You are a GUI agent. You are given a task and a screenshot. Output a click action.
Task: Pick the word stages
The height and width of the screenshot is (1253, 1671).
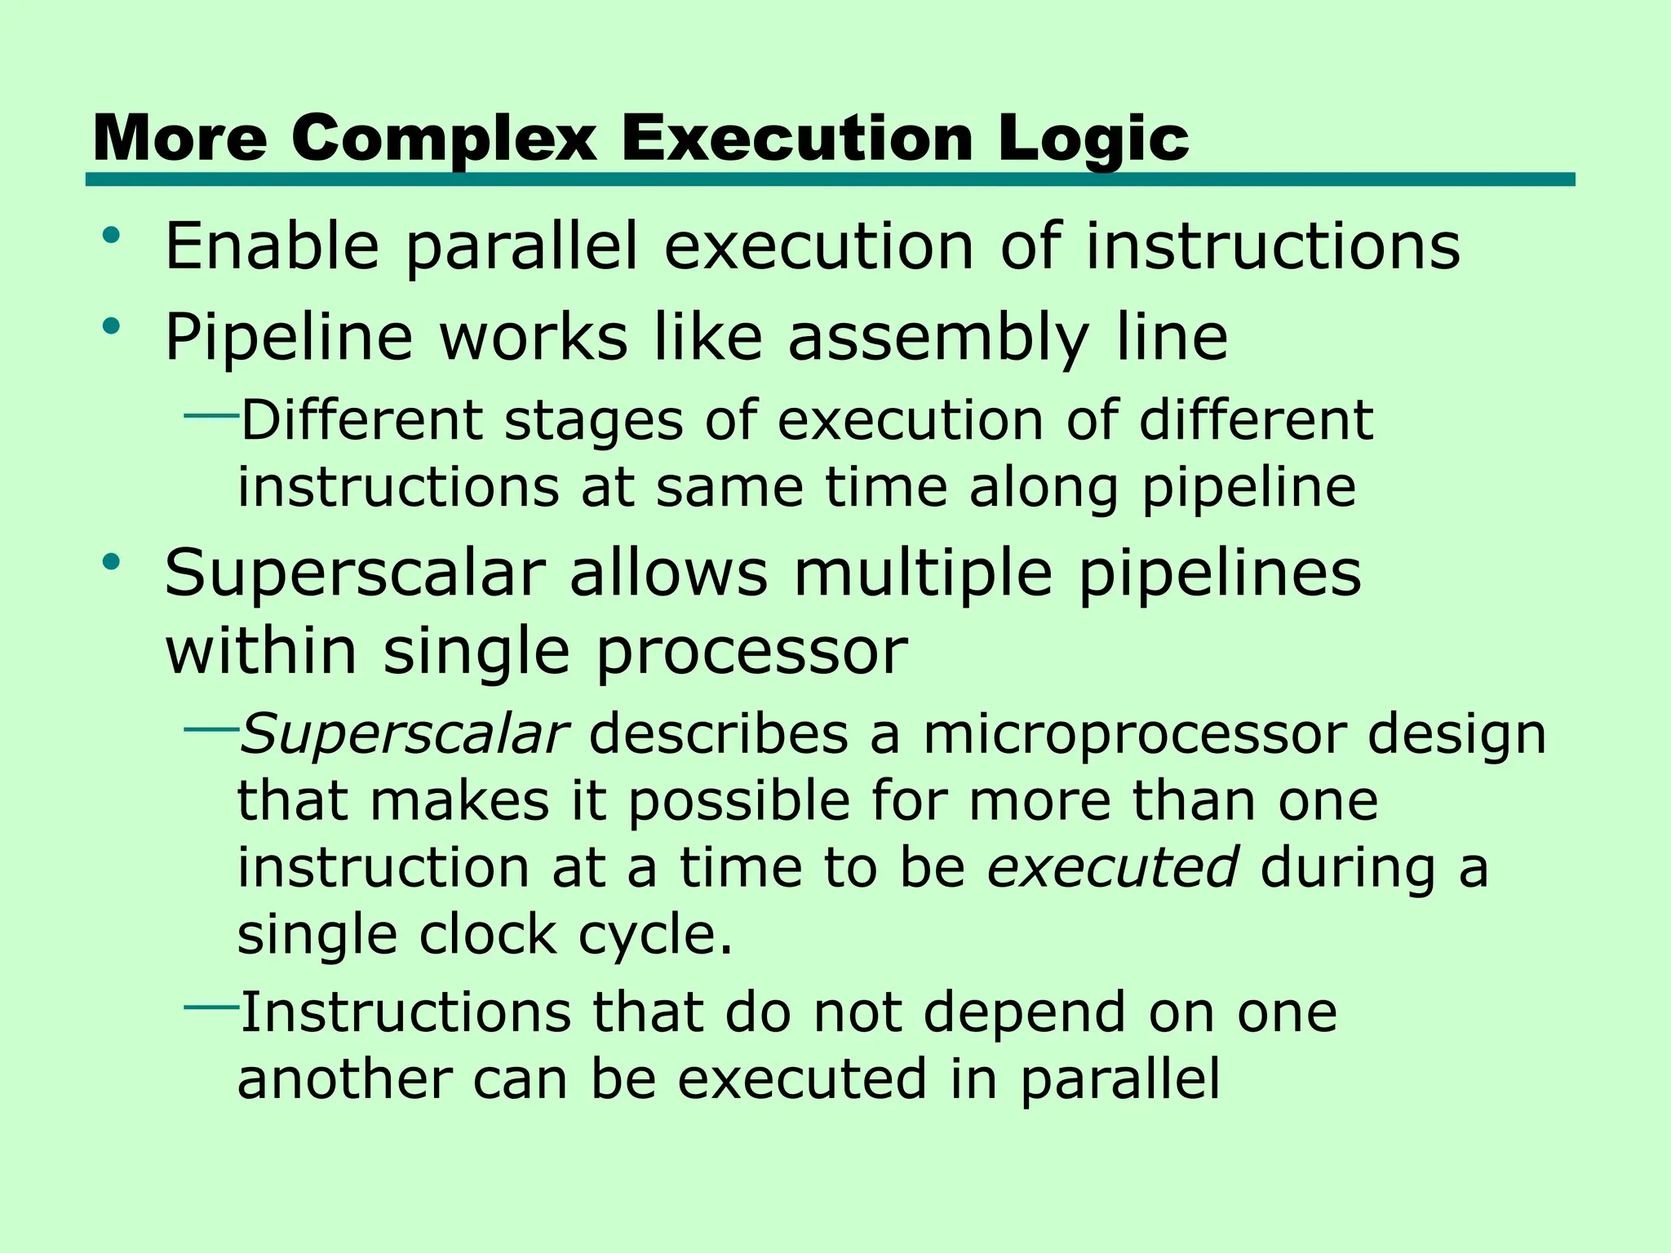pyautogui.click(x=594, y=421)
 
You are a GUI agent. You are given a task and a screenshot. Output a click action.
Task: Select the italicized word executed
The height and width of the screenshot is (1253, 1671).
pyautogui.click(x=1113, y=866)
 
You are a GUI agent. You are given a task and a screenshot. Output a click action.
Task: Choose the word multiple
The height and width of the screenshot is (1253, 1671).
pyautogui.click(x=923, y=573)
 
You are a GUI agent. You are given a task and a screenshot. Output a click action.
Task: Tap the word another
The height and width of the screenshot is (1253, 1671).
pyautogui.click(x=344, y=1079)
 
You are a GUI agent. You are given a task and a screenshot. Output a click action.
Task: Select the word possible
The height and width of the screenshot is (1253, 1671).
pyautogui.click(x=739, y=801)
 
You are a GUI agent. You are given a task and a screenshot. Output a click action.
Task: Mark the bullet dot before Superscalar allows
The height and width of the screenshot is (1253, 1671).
pyautogui.click(x=112, y=562)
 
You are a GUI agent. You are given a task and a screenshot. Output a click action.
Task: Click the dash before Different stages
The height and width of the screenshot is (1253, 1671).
pyautogui.click(x=211, y=416)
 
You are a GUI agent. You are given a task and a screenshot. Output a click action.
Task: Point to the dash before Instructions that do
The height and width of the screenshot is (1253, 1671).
pyautogui.click(x=211, y=1007)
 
